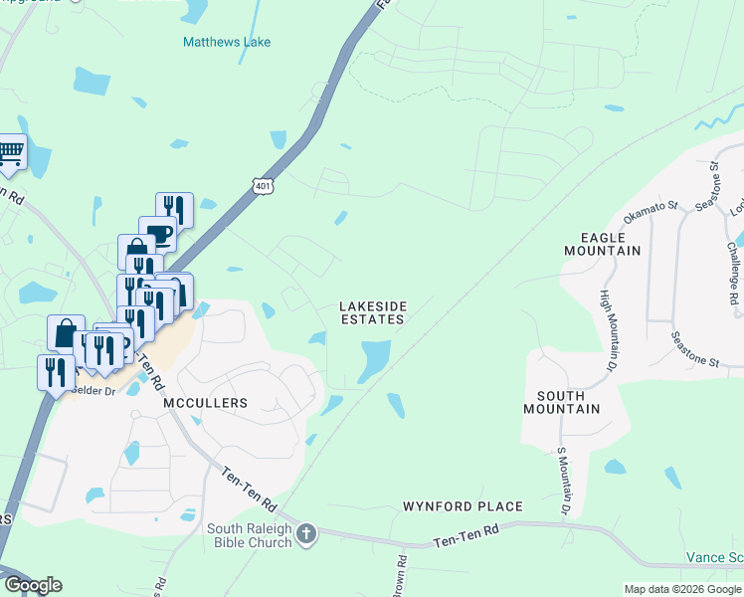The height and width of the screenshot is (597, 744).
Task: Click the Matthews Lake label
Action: click(227, 42)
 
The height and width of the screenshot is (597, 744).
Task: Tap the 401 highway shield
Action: click(263, 187)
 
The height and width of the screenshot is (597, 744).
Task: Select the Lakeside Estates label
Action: click(372, 312)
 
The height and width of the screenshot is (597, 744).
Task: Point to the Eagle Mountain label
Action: click(610, 244)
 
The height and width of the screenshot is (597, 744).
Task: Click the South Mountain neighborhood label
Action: click(562, 401)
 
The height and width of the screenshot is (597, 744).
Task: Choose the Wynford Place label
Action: click(463, 506)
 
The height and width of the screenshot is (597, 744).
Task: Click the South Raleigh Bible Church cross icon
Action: click(307, 534)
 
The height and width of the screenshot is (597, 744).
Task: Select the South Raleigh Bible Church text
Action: click(249, 535)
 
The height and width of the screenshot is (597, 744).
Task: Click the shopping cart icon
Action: click(10, 152)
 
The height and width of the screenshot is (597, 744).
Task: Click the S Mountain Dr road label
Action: click(563, 482)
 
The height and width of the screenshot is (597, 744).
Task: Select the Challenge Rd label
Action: click(732, 274)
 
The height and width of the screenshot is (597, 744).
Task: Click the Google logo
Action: click(33, 585)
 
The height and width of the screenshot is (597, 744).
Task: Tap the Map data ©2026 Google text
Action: click(682, 589)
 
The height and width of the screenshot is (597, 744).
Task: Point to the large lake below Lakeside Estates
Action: click(373, 360)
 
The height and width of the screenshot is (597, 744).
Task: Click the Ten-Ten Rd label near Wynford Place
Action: click(465, 542)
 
